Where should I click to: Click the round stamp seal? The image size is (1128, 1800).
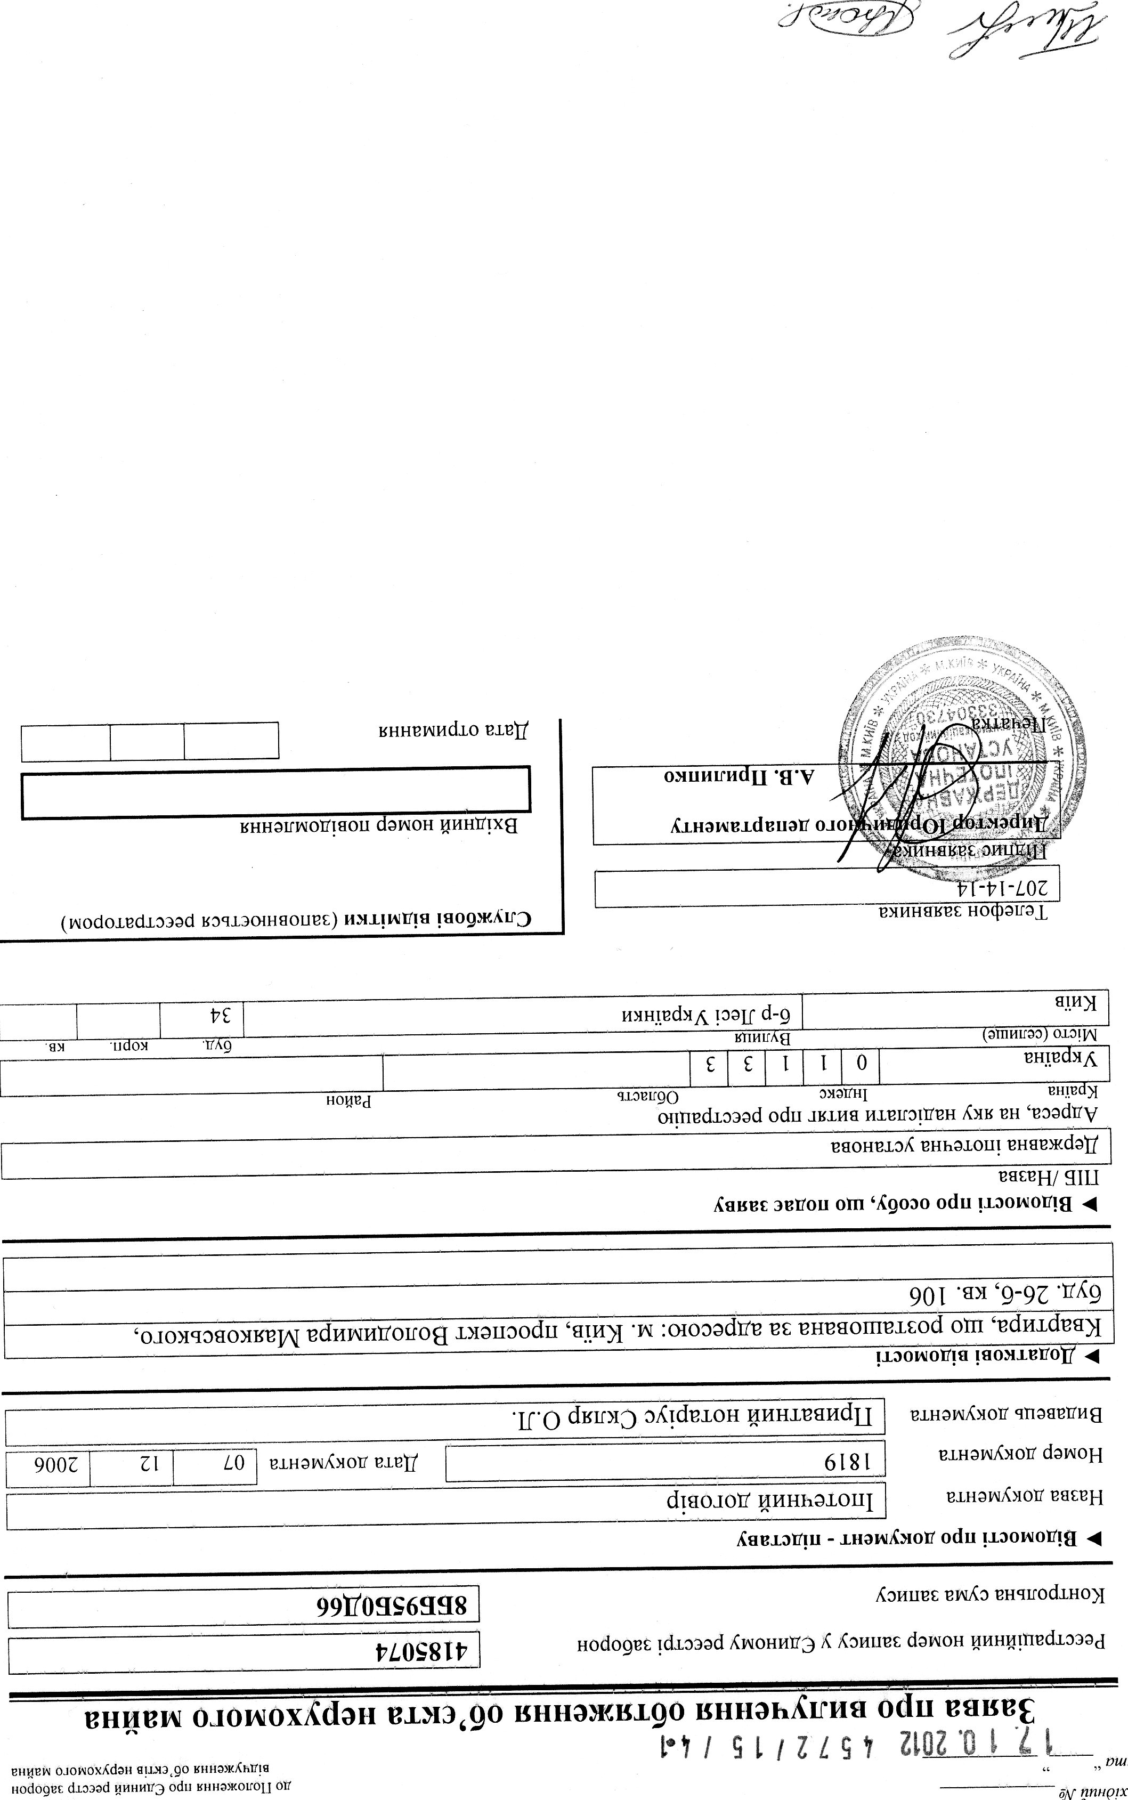962,753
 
